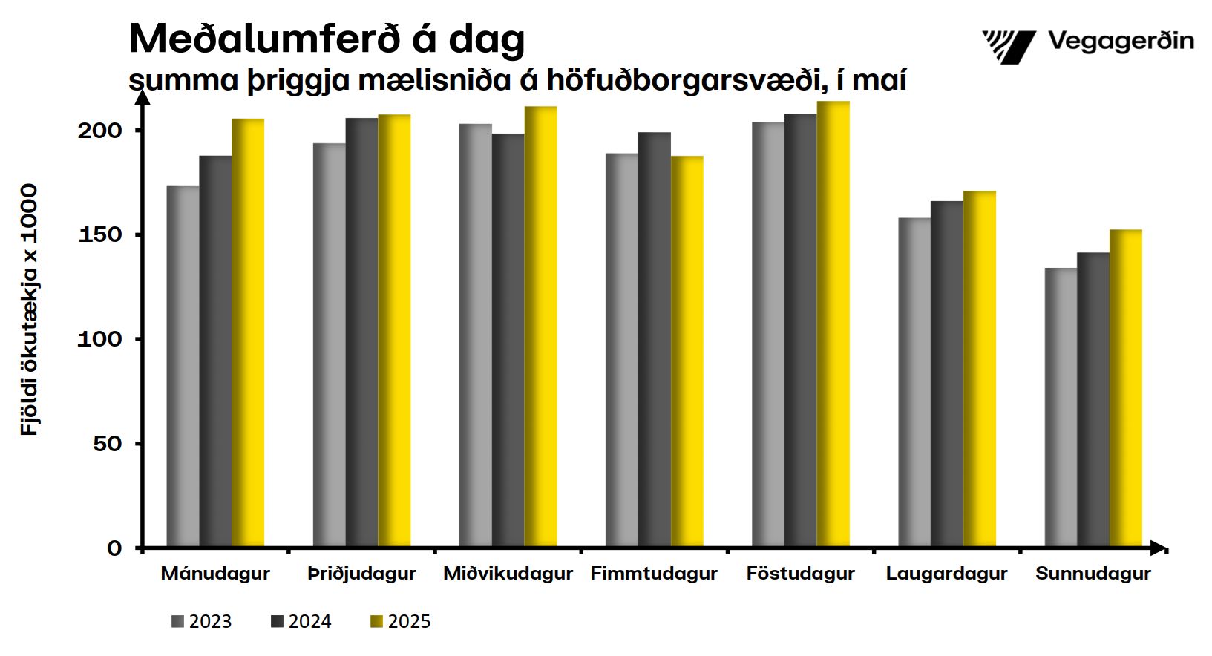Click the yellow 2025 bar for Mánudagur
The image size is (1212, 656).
(248, 334)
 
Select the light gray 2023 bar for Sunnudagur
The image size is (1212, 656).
(1061, 408)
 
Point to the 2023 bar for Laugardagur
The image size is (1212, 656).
(914, 383)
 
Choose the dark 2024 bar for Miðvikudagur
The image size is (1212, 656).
(508, 341)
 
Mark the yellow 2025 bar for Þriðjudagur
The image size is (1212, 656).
(394, 331)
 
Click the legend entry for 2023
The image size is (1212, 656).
(202, 622)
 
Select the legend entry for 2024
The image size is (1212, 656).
(301, 622)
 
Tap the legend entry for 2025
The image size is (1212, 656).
(401, 622)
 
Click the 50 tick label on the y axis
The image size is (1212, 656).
(107, 444)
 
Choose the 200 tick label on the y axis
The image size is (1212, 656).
(99, 131)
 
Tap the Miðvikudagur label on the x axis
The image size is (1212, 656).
(508, 574)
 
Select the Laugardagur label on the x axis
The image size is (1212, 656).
(946, 574)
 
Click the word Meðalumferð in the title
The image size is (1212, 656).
(265, 39)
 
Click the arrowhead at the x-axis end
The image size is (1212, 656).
(1158, 548)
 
